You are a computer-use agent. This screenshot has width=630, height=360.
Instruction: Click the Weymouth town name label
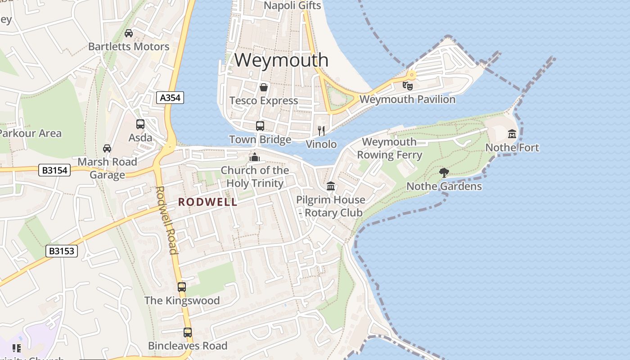(281, 60)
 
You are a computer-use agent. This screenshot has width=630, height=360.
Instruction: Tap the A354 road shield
(171, 98)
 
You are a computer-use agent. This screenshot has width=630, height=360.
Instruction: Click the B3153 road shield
(62, 251)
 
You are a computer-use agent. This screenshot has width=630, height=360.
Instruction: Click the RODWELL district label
(207, 202)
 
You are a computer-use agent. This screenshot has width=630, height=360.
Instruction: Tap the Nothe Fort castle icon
(512, 134)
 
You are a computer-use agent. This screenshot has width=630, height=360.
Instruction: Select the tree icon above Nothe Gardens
(444, 172)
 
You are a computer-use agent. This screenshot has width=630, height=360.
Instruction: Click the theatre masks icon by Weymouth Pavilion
(408, 85)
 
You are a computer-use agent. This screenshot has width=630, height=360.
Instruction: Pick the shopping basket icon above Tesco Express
(264, 87)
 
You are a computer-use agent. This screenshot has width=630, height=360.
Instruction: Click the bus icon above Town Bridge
(260, 126)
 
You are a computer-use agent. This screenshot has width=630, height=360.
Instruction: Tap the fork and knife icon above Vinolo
(321, 130)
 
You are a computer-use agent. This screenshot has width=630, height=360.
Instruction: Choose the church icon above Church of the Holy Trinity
(255, 157)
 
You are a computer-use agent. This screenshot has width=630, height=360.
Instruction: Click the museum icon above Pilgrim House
(331, 186)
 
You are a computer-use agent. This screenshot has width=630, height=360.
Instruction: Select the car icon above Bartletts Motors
(129, 33)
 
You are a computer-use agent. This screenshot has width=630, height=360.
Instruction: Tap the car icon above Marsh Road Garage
(107, 148)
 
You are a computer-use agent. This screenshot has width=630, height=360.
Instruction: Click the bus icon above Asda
(140, 124)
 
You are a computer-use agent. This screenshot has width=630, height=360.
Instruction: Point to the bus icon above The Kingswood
(182, 287)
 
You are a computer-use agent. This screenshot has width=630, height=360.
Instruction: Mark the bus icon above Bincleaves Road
(188, 333)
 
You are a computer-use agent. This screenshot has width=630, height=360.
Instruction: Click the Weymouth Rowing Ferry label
(389, 148)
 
